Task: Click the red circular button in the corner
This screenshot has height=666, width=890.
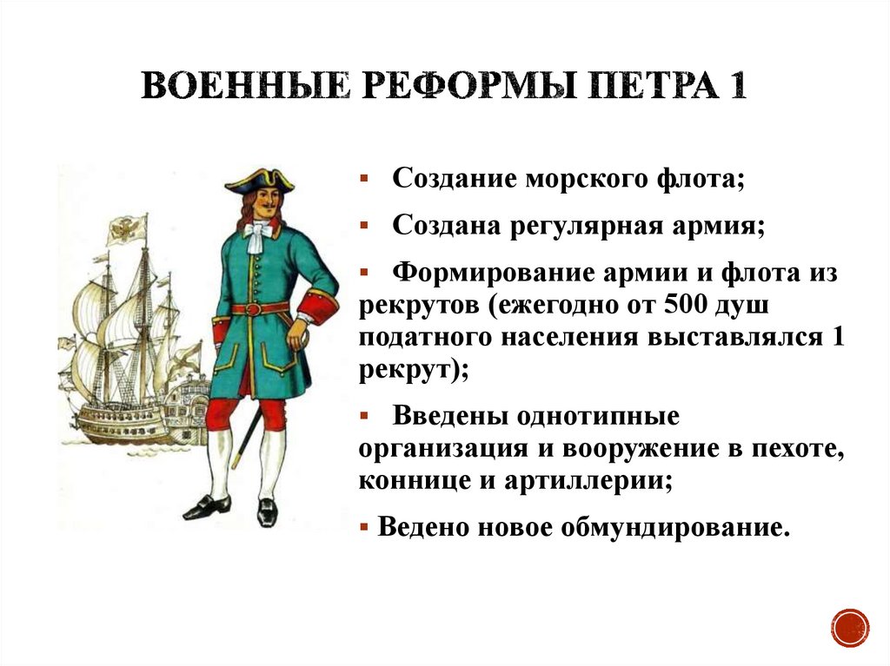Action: [x=849, y=627]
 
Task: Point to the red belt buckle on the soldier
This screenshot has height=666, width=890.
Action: [x=254, y=309]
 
